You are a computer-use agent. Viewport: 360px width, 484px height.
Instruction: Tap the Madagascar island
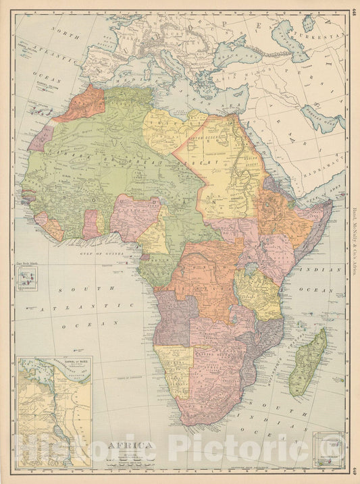tap(309, 362)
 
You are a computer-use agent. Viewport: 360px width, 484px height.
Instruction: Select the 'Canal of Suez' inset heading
tap(52, 365)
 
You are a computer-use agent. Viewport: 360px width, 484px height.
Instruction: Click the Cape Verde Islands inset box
tap(26, 277)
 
